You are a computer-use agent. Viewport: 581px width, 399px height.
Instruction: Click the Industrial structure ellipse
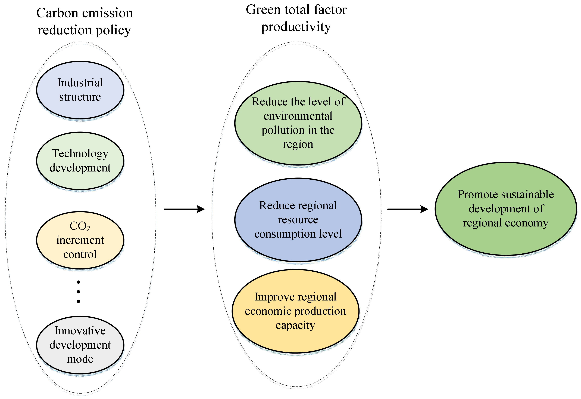pos(80,90)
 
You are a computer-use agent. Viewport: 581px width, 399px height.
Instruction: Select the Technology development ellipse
pos(80,161)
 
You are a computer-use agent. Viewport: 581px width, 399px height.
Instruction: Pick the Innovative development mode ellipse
pos(80,345)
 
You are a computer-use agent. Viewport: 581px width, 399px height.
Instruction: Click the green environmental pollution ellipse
pos(298,123)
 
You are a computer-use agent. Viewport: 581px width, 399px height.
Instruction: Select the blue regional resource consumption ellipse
pos(298,220)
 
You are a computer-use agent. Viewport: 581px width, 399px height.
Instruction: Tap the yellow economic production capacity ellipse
pos(295,311)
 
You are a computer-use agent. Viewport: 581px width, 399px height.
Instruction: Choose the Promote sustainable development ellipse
pos(505,209)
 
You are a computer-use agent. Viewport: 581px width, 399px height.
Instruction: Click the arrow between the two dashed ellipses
pos(185,209)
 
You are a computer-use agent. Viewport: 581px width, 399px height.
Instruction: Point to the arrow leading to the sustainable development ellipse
pos(408,209)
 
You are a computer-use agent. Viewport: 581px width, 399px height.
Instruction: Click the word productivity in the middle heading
pos(296,27)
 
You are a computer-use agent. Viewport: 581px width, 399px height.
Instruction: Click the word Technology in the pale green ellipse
pos(80,154)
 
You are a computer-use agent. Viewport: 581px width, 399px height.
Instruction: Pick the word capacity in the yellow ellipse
pos(295,325)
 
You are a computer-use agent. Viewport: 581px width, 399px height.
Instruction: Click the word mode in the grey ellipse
pos(80,359)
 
